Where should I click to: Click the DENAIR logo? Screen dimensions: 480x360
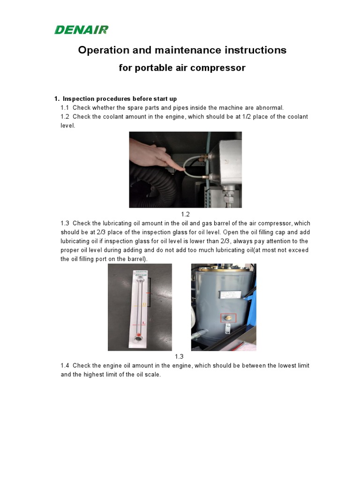pyautogui.click(x=81, y=30)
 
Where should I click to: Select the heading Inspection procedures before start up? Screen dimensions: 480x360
pyautogui.click(x=120, y=99)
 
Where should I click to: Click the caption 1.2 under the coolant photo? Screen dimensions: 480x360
pyautogui.click(x=185, y=214)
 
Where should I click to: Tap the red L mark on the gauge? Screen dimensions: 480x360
pyautogui.click(x=143, y=323)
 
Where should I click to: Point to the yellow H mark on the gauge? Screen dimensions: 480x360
pyautogui.click(x=144, y=305)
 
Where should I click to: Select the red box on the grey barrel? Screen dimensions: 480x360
pyautogui.click(x=228, y=318)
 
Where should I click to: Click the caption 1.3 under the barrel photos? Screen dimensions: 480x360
pyautogui.click(x=179, y=357)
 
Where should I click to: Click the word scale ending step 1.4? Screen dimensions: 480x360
pyautogui.click(x=152, y=375)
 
